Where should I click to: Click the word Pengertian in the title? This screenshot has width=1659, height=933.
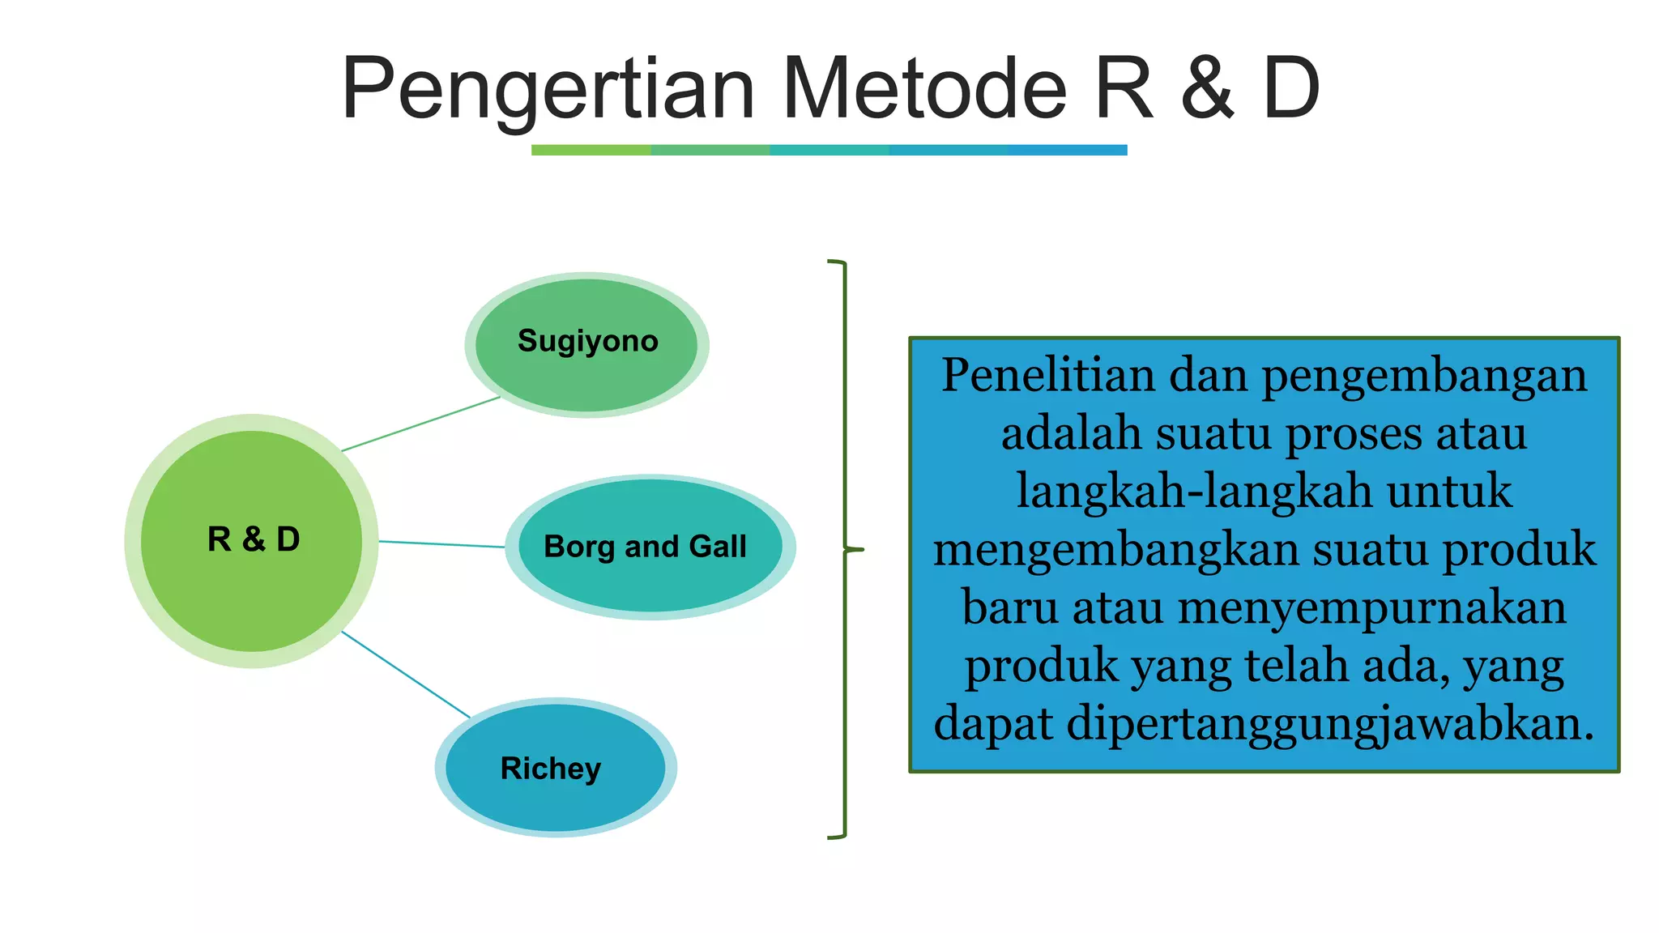(548, 89)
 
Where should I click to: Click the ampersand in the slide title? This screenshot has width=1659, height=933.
(1207, 89)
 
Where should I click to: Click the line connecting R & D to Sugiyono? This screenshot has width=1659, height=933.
(421, 424)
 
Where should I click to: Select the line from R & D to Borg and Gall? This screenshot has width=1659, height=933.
(441, 544)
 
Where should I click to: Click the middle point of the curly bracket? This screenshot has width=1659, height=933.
(855, 550)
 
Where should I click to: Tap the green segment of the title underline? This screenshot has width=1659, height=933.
(591, 150)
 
